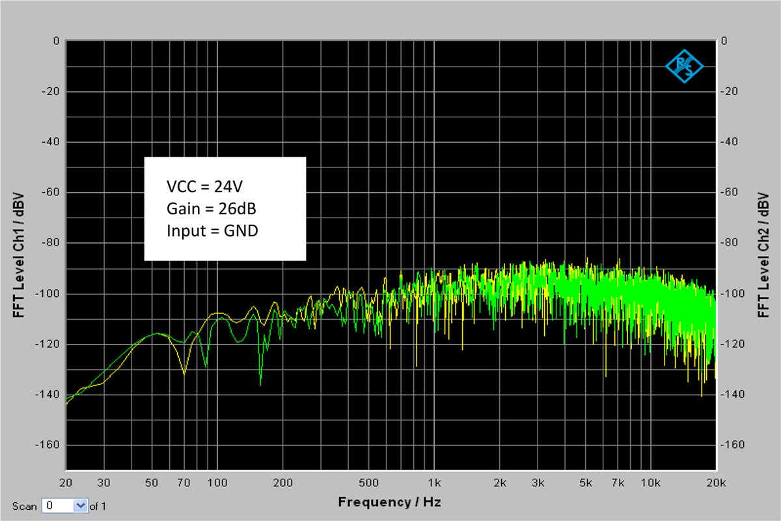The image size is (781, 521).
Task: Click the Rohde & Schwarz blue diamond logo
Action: [685, 65]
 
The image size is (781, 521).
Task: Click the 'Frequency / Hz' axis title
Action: [389, 502]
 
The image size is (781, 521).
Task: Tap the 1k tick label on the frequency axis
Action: [435, 483]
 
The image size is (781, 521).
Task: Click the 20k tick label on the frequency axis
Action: [716, 483]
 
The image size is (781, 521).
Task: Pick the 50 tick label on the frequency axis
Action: [152, 483]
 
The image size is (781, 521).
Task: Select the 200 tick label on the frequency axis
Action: [282, 483]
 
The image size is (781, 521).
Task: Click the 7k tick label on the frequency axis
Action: [618, 483]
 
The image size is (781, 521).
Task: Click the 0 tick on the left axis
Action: [57, 40]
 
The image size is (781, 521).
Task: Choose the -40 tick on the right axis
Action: [731, 142]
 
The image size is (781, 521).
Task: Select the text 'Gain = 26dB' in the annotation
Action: [207, 208]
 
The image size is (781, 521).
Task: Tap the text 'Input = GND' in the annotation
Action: [212, 231]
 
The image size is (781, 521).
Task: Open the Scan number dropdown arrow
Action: [81, 505]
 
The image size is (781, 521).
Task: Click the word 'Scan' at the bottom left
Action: [24, 506]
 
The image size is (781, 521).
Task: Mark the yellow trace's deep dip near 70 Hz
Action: [184, 374]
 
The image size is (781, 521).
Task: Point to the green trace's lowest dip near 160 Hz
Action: [260, 384]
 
